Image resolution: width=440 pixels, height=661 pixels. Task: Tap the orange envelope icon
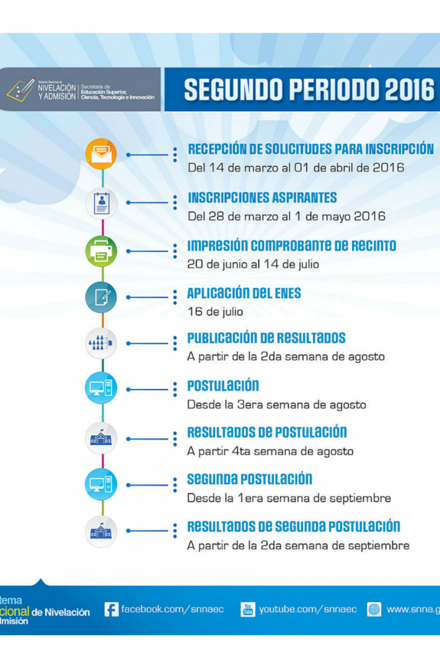point(101,155)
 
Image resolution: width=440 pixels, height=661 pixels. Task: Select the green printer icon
point(101,251)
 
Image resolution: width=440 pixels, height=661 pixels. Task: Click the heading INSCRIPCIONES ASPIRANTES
point(262,198)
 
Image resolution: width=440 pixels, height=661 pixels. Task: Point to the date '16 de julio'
point(215,311)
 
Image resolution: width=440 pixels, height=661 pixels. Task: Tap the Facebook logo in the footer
point(111,609)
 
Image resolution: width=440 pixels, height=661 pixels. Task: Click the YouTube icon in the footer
point(247,609)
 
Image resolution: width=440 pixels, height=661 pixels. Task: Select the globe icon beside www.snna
point(374,609)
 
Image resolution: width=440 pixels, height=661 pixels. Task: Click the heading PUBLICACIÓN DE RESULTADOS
point(266,338)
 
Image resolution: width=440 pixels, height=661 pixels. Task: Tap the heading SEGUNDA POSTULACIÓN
point(249,480)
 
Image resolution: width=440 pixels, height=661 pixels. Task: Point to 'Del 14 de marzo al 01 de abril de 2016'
point(296,168)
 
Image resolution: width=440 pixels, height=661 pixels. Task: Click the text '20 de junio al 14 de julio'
point(253,264)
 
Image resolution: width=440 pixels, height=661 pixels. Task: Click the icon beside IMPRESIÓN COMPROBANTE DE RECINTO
point(101,251)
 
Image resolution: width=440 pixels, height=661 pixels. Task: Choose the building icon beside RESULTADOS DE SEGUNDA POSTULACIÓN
point(101,531)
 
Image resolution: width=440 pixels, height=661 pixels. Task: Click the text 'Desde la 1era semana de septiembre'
point(289,498)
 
